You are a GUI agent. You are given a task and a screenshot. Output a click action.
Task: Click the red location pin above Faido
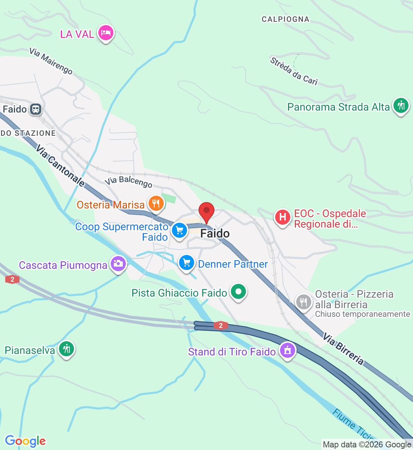[x=206, y=211]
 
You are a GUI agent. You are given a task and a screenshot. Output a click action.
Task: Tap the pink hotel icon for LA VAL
[x=106, y=33]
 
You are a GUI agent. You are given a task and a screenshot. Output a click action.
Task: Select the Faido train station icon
[x=36, y=109]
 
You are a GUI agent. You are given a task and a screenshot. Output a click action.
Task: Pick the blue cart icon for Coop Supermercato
[x=179, y=230]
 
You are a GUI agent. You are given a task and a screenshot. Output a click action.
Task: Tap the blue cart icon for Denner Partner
[x=186, y=263]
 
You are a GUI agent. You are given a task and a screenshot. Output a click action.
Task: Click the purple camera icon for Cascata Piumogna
[x=118, y=264]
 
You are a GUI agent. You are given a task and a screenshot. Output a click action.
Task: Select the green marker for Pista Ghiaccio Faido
[x=238, y=291]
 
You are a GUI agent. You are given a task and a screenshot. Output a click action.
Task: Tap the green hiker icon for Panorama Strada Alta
[x=401, y=105]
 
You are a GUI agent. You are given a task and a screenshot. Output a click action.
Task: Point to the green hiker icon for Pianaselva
[x=66, y=349]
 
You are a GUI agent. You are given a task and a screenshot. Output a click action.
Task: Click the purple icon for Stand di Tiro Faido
[x=287, y=350]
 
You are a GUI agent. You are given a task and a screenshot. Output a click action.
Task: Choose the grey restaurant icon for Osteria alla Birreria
[x=303, y=302]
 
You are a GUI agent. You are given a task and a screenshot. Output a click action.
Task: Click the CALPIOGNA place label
[x=285, y=19]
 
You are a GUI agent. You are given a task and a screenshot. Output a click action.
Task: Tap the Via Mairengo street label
[x=51, y=61]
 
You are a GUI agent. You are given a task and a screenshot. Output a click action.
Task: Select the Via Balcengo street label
[x=128, y=181]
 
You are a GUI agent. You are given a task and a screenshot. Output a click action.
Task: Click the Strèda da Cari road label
[x=294, y=71]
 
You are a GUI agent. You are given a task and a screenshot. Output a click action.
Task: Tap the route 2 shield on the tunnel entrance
[x=221, y=325]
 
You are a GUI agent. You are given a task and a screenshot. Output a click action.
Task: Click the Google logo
[x=25, y=441]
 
